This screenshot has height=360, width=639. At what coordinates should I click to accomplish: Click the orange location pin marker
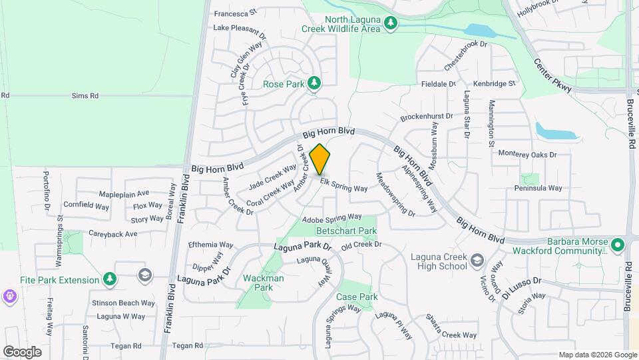tap(320, 159)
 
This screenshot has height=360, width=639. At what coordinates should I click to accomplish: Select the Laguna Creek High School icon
tap(477, 259)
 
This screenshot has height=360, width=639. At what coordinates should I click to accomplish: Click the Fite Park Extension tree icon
tap(110, 279)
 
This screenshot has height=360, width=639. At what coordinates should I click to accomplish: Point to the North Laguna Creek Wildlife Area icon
tap(391, 24)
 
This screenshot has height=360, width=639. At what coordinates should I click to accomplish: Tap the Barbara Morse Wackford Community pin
tap(617, 245)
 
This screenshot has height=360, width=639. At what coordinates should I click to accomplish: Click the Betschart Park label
tap(346, 231)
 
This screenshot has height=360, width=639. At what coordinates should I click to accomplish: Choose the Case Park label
tap(357, 297)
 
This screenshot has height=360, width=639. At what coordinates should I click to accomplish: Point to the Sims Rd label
tap(85, 96)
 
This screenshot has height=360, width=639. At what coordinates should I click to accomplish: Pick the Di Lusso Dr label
tap(523, 286)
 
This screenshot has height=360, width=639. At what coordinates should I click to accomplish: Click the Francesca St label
tap(234, 12)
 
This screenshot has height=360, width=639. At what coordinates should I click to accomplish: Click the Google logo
tap(22, 352)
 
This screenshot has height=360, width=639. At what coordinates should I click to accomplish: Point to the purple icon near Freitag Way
tap(9, 295)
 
